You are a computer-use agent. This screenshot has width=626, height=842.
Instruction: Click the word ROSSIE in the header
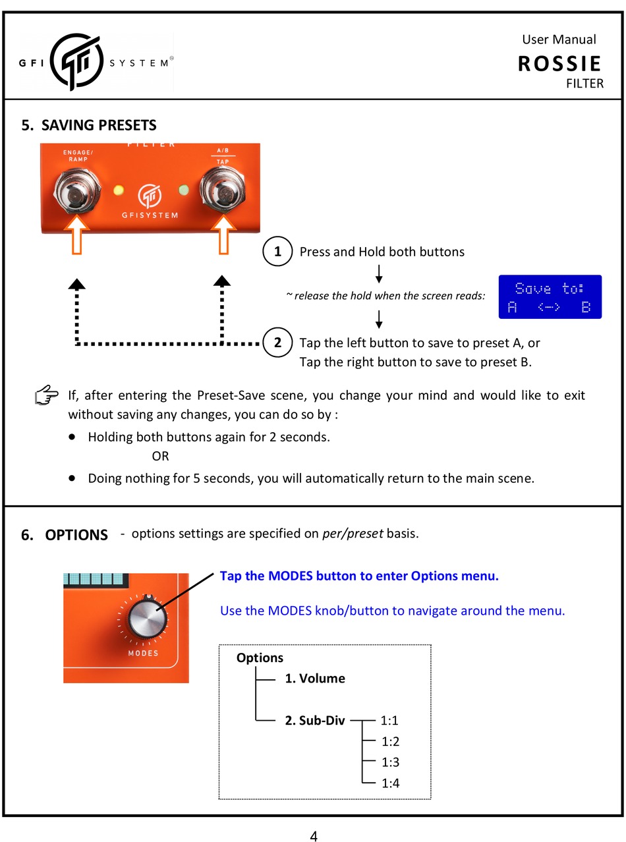[559, 64]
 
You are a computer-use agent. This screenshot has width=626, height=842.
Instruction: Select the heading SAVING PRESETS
[99, 125]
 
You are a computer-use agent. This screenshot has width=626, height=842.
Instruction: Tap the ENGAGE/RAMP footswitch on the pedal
[77, 189]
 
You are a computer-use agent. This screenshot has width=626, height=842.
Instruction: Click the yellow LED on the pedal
[119, 191]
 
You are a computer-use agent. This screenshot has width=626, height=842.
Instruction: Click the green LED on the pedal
[184, 191]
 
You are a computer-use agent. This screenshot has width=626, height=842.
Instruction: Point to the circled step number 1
[277, 252]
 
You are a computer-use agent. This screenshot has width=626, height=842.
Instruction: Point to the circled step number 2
[277, 343]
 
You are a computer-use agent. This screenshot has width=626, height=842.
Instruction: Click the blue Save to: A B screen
[550, 297]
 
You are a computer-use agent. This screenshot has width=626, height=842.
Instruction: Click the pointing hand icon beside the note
[47, 397]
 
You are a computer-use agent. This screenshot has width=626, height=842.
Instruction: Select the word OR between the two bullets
[160, 457]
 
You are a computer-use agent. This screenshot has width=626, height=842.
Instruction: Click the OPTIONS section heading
[76, 535]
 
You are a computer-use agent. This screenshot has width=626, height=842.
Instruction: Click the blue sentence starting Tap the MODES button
[359, 576]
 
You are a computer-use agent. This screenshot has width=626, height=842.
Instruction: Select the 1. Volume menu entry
[314, 679]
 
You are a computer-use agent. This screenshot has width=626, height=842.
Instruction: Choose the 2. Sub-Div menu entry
[314, 721]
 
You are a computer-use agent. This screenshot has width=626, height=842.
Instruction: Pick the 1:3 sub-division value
[390, 762]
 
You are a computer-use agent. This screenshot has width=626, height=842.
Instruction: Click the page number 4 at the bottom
[314, 837]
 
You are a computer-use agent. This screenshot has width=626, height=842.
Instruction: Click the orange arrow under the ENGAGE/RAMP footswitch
[77, 236]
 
